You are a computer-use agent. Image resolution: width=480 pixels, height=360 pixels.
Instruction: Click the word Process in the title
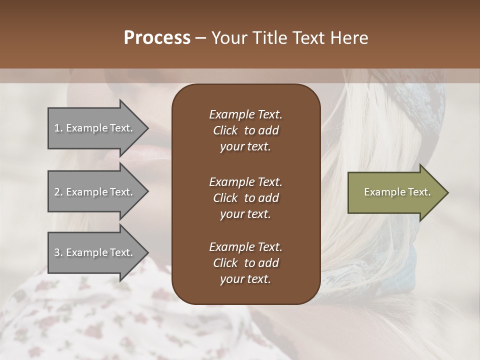[156, 38]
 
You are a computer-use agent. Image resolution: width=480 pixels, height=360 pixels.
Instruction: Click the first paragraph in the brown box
[245, 130]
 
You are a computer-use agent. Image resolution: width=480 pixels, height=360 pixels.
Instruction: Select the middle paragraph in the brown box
[245, 198]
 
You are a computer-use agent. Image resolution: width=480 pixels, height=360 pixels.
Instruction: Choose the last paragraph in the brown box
[245, 263]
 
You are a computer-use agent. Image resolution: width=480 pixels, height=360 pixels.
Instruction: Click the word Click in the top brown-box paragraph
[225, 130]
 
